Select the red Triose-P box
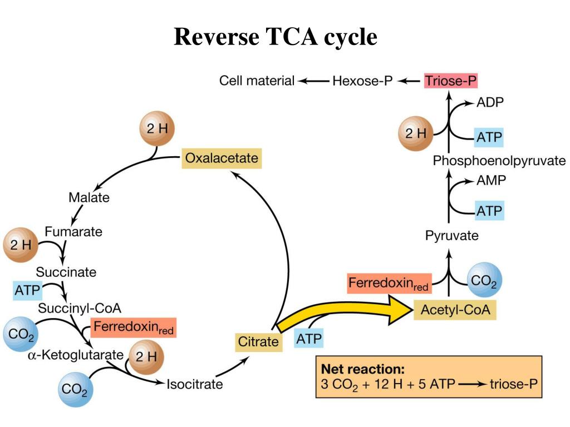(x=451, y=81)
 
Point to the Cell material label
(x=257, y=81)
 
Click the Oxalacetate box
(x=222, y=158)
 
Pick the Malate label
(x=89, y=197)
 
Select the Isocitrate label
(x=195, y=384)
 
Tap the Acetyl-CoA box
(x=455, y=310)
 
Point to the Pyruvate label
(x=452, y=236)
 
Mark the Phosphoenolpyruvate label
(x=499, y=161)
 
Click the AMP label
(x=491, y=181)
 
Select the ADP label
(x=490, y=103)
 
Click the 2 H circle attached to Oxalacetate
(x=156, y=130)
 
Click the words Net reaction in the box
(x=362, y=369)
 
